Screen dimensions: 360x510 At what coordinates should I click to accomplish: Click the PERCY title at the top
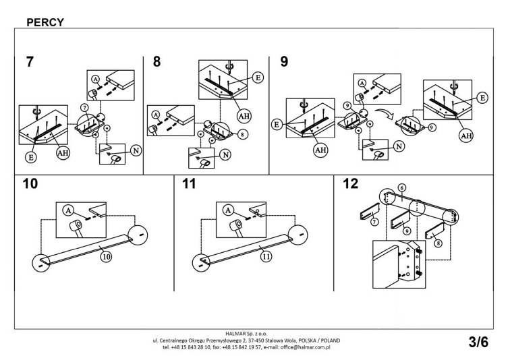coord(45,22)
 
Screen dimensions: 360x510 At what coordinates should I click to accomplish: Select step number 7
coord(30,62)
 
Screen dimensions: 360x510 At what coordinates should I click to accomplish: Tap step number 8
coord(157,62)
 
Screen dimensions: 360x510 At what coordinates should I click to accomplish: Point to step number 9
coord(284,62)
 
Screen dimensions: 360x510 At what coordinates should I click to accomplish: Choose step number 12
coord(351,184)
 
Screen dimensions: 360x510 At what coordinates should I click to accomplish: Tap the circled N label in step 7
coord(137,150)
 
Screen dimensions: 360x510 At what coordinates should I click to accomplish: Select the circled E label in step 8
coord(258,78)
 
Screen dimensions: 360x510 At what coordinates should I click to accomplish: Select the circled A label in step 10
coord(68,210)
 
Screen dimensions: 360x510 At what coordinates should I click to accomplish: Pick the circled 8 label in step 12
coord(438,243)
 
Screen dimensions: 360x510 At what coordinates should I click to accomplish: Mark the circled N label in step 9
coord(399,146)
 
